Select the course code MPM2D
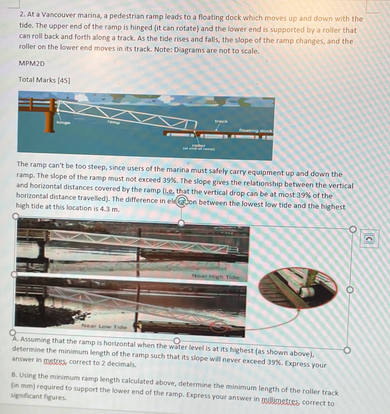coord(32,64)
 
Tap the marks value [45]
coord(64,81)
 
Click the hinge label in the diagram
coord(63,123)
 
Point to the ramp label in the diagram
coord(114,122)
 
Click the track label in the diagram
coord(221,121)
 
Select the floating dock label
coord(255,131)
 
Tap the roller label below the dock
coord(199,146)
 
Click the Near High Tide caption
coord(215,277)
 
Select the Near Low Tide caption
coord(104,326)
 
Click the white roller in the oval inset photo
coord(307,293)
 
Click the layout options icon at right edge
coord(369,239)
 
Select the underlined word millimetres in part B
coord(280,401)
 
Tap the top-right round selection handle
coord(353,229)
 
